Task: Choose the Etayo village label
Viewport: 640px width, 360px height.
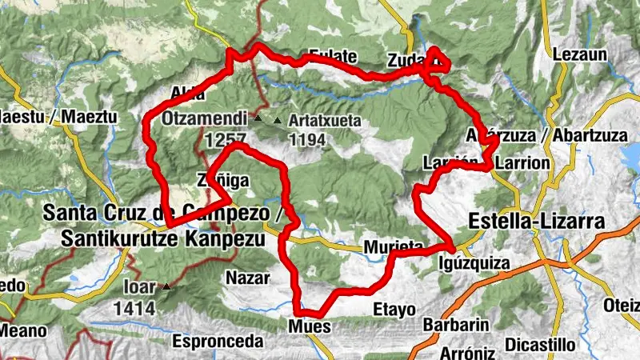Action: click(x=394, y=309)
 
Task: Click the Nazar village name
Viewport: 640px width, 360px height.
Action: click(x=245, y=278)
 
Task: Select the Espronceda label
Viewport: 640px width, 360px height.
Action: click(x=218, y=342)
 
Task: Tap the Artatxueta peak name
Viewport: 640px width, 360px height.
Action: click(x=326, y=121)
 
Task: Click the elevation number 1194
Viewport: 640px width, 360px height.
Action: click(x=308, y=141)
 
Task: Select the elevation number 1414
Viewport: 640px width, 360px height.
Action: click(x=134, y=306)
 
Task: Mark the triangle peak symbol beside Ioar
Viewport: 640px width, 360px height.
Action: click(x=166, y=286)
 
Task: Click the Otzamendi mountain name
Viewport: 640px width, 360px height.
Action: click(x=204, y=119)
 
